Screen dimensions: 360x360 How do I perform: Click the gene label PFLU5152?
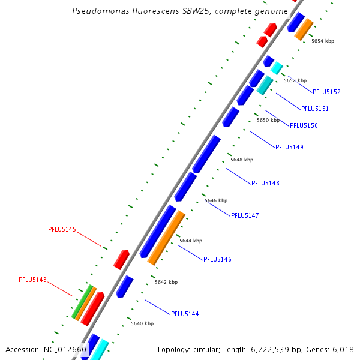tap(326, 92)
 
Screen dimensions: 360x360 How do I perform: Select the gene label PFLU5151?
tap(314, 109)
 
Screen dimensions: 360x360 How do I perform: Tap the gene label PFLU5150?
tap(304, 125)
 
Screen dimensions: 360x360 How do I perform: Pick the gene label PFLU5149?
tap(289, 147)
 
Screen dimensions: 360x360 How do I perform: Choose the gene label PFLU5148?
tap(265, 183)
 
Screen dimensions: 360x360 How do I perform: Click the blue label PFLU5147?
tap(245, 215)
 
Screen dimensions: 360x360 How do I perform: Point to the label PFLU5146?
tap(217, 259)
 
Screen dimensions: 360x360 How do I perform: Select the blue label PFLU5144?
tap(185, 314)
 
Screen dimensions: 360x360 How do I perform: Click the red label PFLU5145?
tap(62, 229)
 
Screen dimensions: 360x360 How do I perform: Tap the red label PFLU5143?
tap(32, 280)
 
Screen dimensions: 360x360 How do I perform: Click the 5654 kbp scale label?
tap(322, 41)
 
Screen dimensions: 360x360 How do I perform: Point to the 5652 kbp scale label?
tap(295, 80)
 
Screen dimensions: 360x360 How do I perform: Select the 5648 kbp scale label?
tap(242, 160)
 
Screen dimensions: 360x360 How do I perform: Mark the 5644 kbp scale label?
tap(190, 241)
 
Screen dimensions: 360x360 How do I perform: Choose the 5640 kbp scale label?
tap(142, 323)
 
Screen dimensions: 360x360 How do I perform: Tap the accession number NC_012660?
tap(65, 349)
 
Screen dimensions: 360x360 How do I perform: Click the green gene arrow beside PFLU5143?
tap(82, 302)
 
